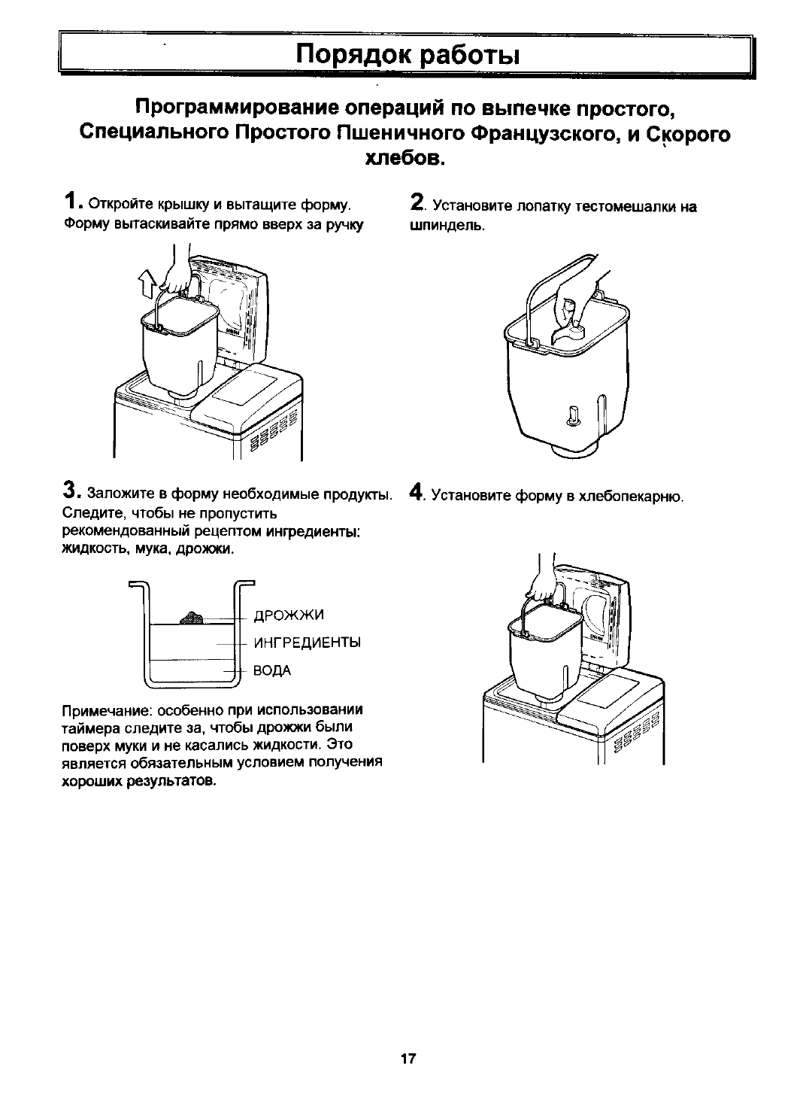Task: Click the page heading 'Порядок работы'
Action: click(x=407, y=55)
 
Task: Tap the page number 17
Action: click(x=408, y=1059)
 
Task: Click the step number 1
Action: click(x=69, y=201)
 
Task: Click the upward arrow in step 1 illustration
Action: click(x=147, y=285)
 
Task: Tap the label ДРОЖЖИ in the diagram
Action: click(x=289, y=616)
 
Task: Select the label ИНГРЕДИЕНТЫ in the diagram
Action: click(x=308, y=643)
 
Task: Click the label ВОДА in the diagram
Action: click(x=273, y=670)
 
